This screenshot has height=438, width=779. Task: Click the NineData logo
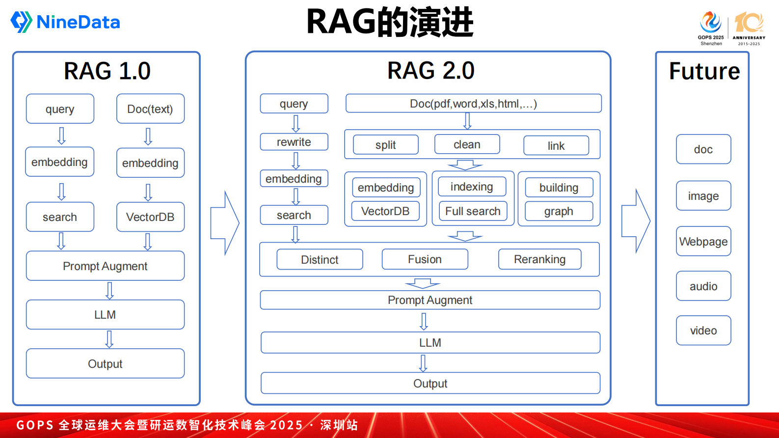point(65,22)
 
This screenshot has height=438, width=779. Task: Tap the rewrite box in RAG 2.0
point(294,142)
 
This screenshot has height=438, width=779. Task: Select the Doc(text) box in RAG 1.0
point(150,109)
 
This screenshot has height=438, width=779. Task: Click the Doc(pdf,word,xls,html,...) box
point(473,104)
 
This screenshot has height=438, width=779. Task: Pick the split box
point(386,145)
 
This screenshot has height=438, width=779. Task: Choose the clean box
point(467,144)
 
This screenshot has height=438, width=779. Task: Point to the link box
point(556,146)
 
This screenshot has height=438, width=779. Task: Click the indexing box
point(472,187)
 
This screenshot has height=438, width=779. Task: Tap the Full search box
point(473,211)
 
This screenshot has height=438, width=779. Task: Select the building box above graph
point(559,188)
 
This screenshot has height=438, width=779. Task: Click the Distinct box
point(320,259)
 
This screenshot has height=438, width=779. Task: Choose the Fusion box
point(425,259)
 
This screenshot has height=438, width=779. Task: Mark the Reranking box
point(539,259)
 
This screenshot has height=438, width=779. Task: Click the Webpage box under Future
point(703,241)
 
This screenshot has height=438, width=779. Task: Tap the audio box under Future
point(703,286)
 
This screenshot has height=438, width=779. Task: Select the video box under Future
point(703,330)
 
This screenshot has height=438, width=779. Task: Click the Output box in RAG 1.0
point(105,363)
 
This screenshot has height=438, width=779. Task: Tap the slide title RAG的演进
point(390,22)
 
